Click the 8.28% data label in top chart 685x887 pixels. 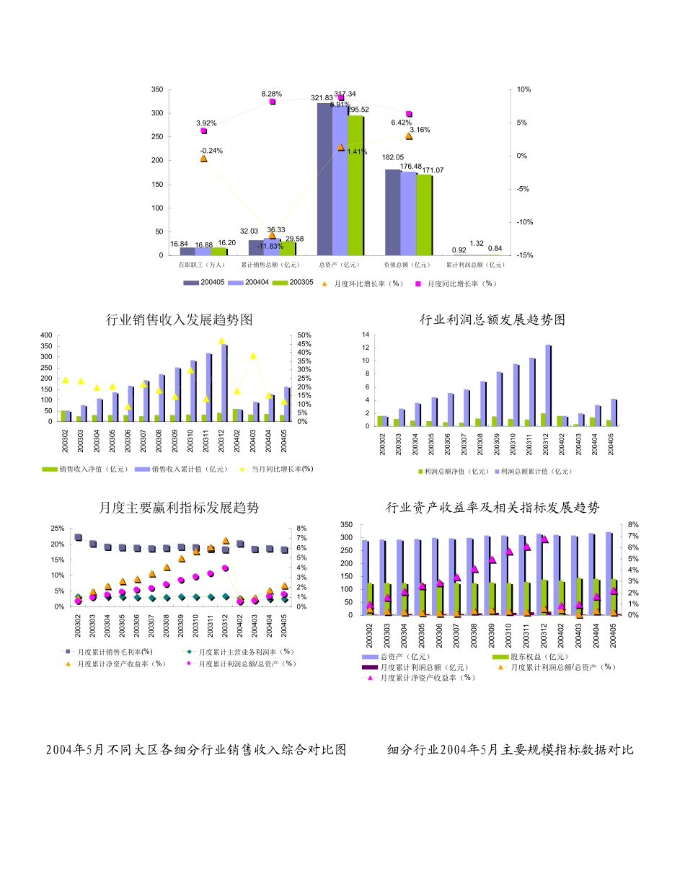pos(272,94)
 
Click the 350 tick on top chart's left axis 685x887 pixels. pos(164,89)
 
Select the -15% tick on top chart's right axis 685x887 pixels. pos(524,255)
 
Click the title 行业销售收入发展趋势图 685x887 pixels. pos(180,319)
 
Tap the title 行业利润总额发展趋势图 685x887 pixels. pos(492,319)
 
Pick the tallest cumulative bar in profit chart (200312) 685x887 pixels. pos(548,385)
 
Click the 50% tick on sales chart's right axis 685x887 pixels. pos(304,335)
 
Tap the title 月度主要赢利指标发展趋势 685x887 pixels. pos(179,508)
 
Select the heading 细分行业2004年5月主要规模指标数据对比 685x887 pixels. pos(511,750)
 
